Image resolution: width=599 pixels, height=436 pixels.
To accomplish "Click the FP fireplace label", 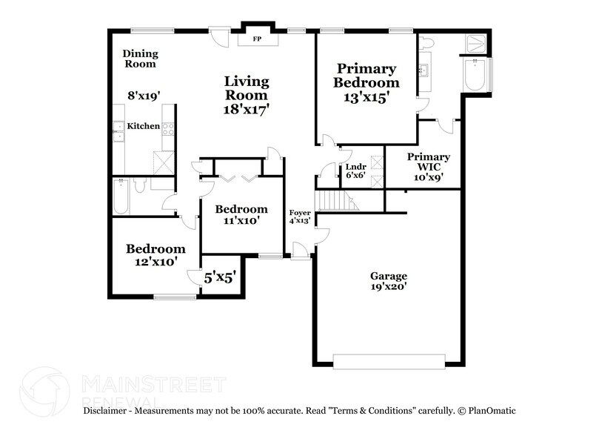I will click(258, 38).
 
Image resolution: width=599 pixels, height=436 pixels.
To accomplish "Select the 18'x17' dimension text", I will click(247, 109).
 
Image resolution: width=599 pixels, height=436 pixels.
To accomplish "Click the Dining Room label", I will click(140, 59).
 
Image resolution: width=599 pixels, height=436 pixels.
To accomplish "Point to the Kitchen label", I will click(144, 127).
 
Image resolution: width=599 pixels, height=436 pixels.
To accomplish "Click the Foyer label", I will click(300, 214).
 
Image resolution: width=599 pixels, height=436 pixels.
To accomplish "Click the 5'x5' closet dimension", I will click(220, 278).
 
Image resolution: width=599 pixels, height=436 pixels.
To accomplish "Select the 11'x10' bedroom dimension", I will click(241, 220).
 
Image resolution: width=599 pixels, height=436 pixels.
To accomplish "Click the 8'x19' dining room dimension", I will click(144, 95).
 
